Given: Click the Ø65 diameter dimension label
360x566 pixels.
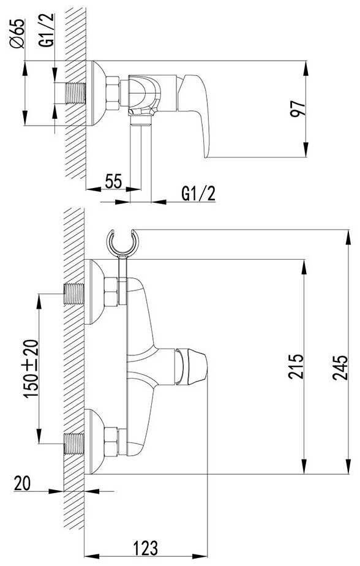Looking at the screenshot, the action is [x=17, y=33].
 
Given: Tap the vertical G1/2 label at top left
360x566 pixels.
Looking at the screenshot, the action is [x=47, y=31].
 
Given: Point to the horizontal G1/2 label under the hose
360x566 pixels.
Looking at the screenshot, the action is [x=198, y=194].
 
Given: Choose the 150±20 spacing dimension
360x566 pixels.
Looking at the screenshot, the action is [x=31, y=368].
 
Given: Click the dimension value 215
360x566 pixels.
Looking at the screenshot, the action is [x=296, y=366].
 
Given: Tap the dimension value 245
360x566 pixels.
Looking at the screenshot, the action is [x=340, y=368].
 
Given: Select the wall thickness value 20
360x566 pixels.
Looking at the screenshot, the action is [x=23, y=483].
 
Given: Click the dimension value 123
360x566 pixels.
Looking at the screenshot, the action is [x=146, y=548].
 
